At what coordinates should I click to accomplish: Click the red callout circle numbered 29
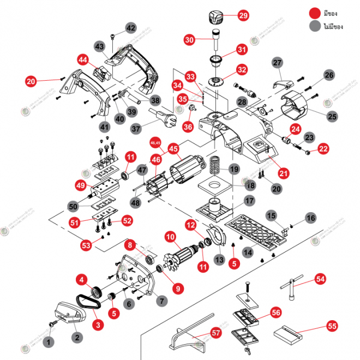pos(243,16)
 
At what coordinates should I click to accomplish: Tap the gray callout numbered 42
pos(131,28)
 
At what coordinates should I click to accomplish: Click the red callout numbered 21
pos(284,173)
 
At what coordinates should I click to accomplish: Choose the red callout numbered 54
pos(320,278)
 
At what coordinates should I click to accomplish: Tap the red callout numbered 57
pos(201,333)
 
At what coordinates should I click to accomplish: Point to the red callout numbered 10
pos(170,237)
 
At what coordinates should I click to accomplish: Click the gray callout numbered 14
pos(248,252)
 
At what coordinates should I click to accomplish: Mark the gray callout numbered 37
pos(135,129)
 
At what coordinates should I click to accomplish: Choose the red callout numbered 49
pos(81,185)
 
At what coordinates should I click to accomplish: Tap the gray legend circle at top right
pos(314,26)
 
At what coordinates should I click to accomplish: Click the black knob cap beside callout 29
pos(214,16)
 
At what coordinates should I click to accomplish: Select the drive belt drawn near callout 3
pos(87,301)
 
